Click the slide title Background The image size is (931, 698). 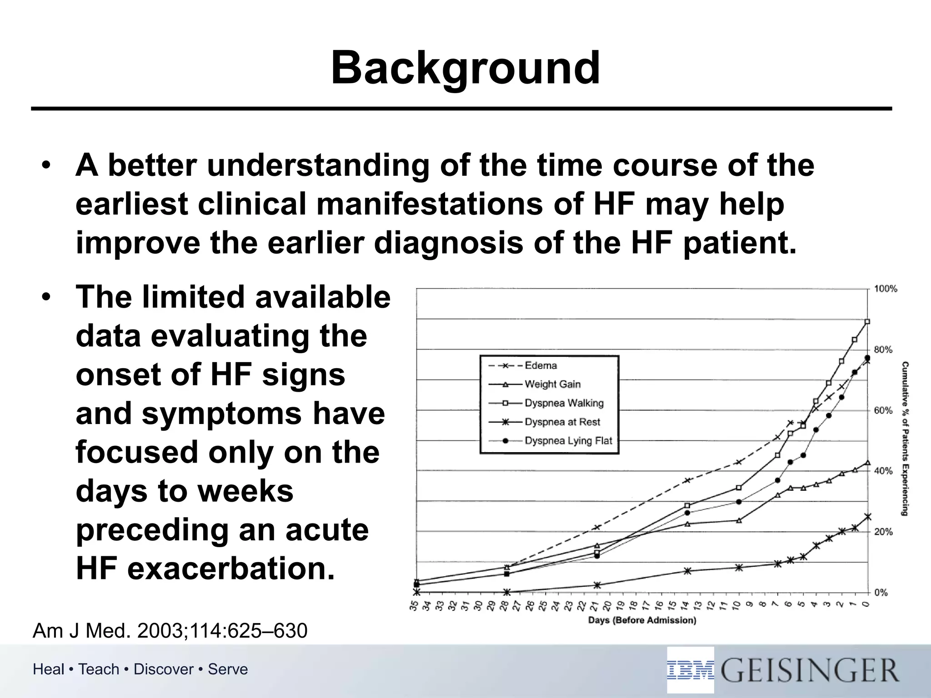click(x=465, y=68)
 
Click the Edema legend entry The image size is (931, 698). click(x=541, y=365)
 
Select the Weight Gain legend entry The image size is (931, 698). click(x=552, y=384)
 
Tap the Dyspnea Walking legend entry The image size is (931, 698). click(x=564, y=403)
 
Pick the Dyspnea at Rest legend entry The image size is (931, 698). click(x=562, y=422)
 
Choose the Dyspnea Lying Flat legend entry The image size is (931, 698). click(x=568, y=441)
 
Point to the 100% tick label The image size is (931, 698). click(x=886, y=289)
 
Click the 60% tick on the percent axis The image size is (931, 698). click(x=883, y=410)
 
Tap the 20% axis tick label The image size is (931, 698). click(x=883, y=532)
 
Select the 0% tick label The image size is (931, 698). click(x=881, y=593)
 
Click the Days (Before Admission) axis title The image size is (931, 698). click(x=642, y=620)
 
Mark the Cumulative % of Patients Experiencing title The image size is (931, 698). click(x=905, y=439)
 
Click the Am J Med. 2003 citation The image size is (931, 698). click(x=170, y=631)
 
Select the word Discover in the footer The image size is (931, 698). click(x=164, y=669)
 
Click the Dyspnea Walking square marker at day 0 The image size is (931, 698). click(x=867, y=322)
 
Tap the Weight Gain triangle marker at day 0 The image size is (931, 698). click(x=867, y=463)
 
